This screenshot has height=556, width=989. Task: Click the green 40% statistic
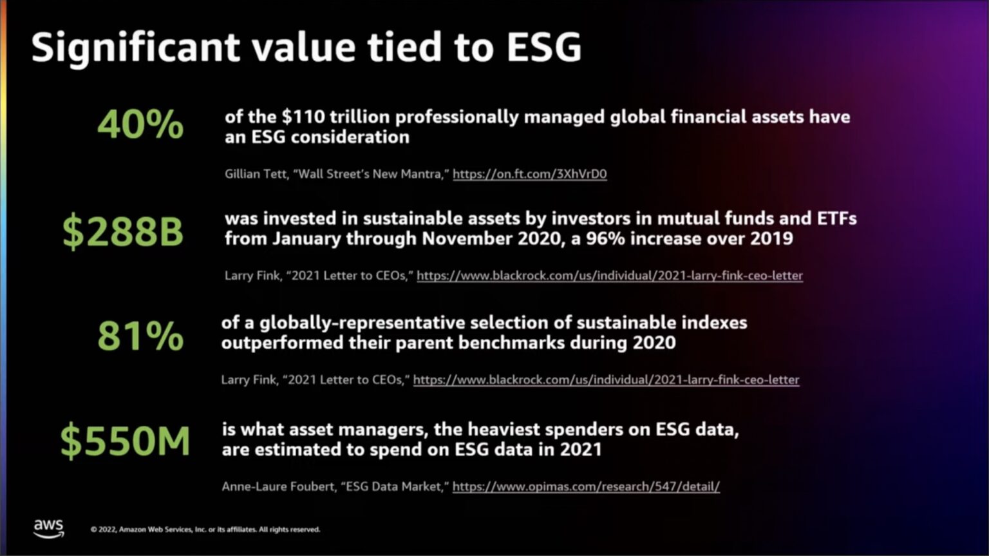tap(140, 124)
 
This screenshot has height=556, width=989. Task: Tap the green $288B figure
tap(123, 232)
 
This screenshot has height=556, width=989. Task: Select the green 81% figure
tap(140, 336)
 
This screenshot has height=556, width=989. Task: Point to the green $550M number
tap(125, 441)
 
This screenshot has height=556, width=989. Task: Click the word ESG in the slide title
tap(543, 48)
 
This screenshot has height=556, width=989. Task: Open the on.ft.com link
tap(529, 174)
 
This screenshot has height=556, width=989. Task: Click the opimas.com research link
tap(586, 486)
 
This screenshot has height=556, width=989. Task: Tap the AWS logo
tap(49, 528)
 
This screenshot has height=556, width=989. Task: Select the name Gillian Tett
tap(256, 174)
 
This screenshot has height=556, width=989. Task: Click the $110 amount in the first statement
tap(303, 117)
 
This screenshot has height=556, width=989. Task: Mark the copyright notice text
tap(205, 530)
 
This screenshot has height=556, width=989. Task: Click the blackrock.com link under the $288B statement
tap(609, 276)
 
